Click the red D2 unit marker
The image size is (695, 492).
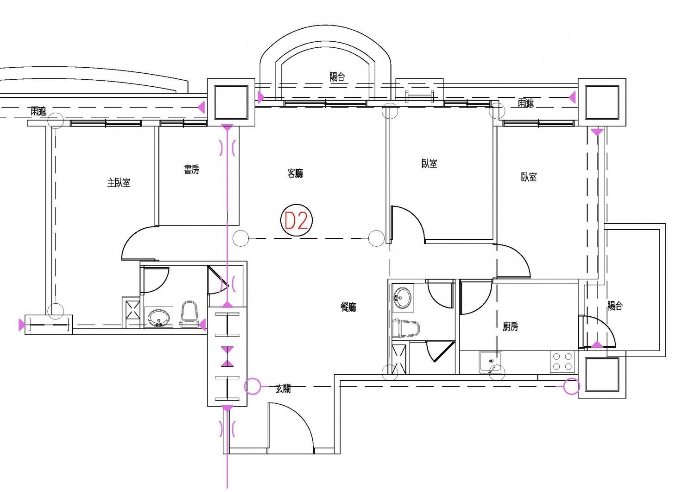click(x=296, y=220)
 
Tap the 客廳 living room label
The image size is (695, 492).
click(x=295, y=173)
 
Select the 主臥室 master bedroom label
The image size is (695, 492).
click(x=119, y=183)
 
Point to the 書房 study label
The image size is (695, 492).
click(x=191, y=170)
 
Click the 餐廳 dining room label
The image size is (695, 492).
click(x=348, y=307)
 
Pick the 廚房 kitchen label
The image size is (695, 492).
click(x=510, y=327)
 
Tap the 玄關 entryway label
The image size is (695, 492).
click(x=283, y=389)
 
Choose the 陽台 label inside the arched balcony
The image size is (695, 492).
click(x=337, y=77)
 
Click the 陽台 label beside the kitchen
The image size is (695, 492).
click(x=615, y=306)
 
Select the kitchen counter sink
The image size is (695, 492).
click(x=491, y=361)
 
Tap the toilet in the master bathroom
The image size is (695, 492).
click(x=189, y=315)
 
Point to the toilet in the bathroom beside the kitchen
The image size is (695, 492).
click(x=405, y=328)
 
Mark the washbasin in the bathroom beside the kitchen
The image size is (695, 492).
click(x=402, y=297)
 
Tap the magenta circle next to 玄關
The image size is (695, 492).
click(x=253, y=386)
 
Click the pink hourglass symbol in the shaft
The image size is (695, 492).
click(x=227, y=357)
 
